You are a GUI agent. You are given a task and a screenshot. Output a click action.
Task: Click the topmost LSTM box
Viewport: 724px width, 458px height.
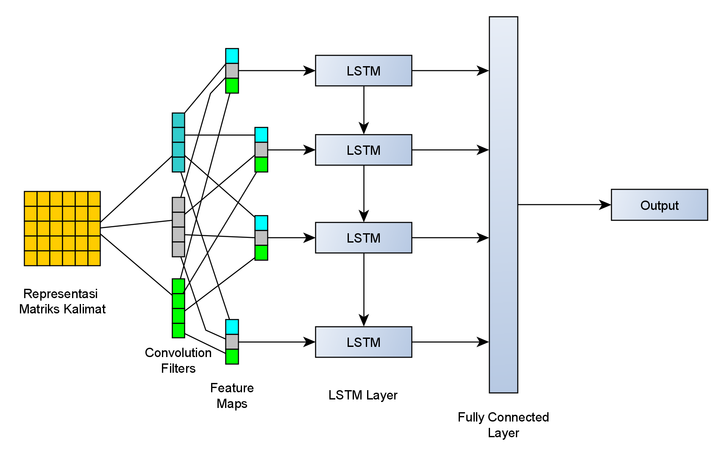coord(363,71)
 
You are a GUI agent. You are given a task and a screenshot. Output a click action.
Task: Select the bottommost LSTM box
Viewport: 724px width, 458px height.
coord(363,342)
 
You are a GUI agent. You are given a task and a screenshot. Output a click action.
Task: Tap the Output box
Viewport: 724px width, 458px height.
coord(659,205)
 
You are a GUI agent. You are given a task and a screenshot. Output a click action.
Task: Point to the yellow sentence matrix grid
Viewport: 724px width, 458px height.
coord(62,229)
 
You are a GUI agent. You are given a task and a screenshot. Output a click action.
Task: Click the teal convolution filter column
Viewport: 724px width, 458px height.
coord(178,142)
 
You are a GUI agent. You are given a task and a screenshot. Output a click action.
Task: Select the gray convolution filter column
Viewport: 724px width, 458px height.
coord(178,227)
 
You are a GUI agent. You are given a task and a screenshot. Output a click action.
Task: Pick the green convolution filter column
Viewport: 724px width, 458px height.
coord(178,308)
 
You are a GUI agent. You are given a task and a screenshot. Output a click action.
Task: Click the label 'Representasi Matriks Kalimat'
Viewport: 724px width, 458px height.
coord(62,301)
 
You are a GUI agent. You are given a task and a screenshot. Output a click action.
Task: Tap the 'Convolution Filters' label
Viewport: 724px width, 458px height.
coord(178,360)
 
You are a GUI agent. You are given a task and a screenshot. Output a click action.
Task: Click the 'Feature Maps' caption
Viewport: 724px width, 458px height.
coord(232,396)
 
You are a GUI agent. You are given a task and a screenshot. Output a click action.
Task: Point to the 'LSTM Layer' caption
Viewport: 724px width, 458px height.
coord(363,395)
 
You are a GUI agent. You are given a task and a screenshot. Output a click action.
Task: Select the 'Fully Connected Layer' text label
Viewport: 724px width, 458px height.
coord(503,425)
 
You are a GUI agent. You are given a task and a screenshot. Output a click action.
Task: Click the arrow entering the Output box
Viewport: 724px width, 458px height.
coord(564,205)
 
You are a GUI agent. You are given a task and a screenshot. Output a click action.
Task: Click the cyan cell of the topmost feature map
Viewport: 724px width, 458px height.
coord(232,56)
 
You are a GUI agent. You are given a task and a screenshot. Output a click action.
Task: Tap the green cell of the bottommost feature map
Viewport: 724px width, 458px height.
coord(232,357)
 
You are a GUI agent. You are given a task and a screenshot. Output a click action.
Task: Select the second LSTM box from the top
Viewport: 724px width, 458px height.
coord(363,150)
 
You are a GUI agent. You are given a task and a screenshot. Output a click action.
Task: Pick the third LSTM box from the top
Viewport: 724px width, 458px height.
coord(363,238)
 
